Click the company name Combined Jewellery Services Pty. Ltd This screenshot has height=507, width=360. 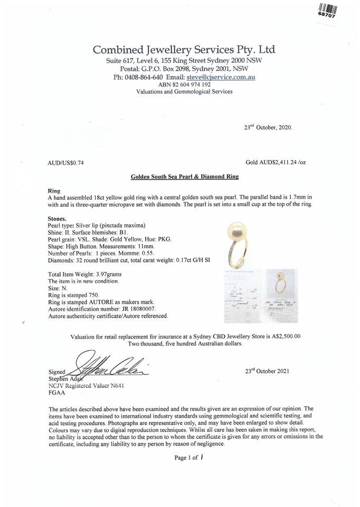(184, 50)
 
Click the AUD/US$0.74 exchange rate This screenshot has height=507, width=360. (65, 163)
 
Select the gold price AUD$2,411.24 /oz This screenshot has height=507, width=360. (276, 163)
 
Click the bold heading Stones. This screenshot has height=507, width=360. (57, 219)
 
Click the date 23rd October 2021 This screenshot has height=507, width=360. (268, 371)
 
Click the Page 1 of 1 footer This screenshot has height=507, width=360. (188, 457)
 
